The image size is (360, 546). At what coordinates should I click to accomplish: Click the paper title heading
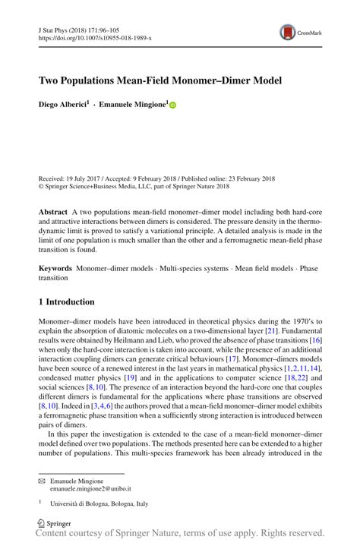[x=160, y=80]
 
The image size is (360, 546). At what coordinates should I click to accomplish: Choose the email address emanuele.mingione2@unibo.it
[x=90, y=489]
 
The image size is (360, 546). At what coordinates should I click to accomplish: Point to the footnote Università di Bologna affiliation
[x=99, y=503]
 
